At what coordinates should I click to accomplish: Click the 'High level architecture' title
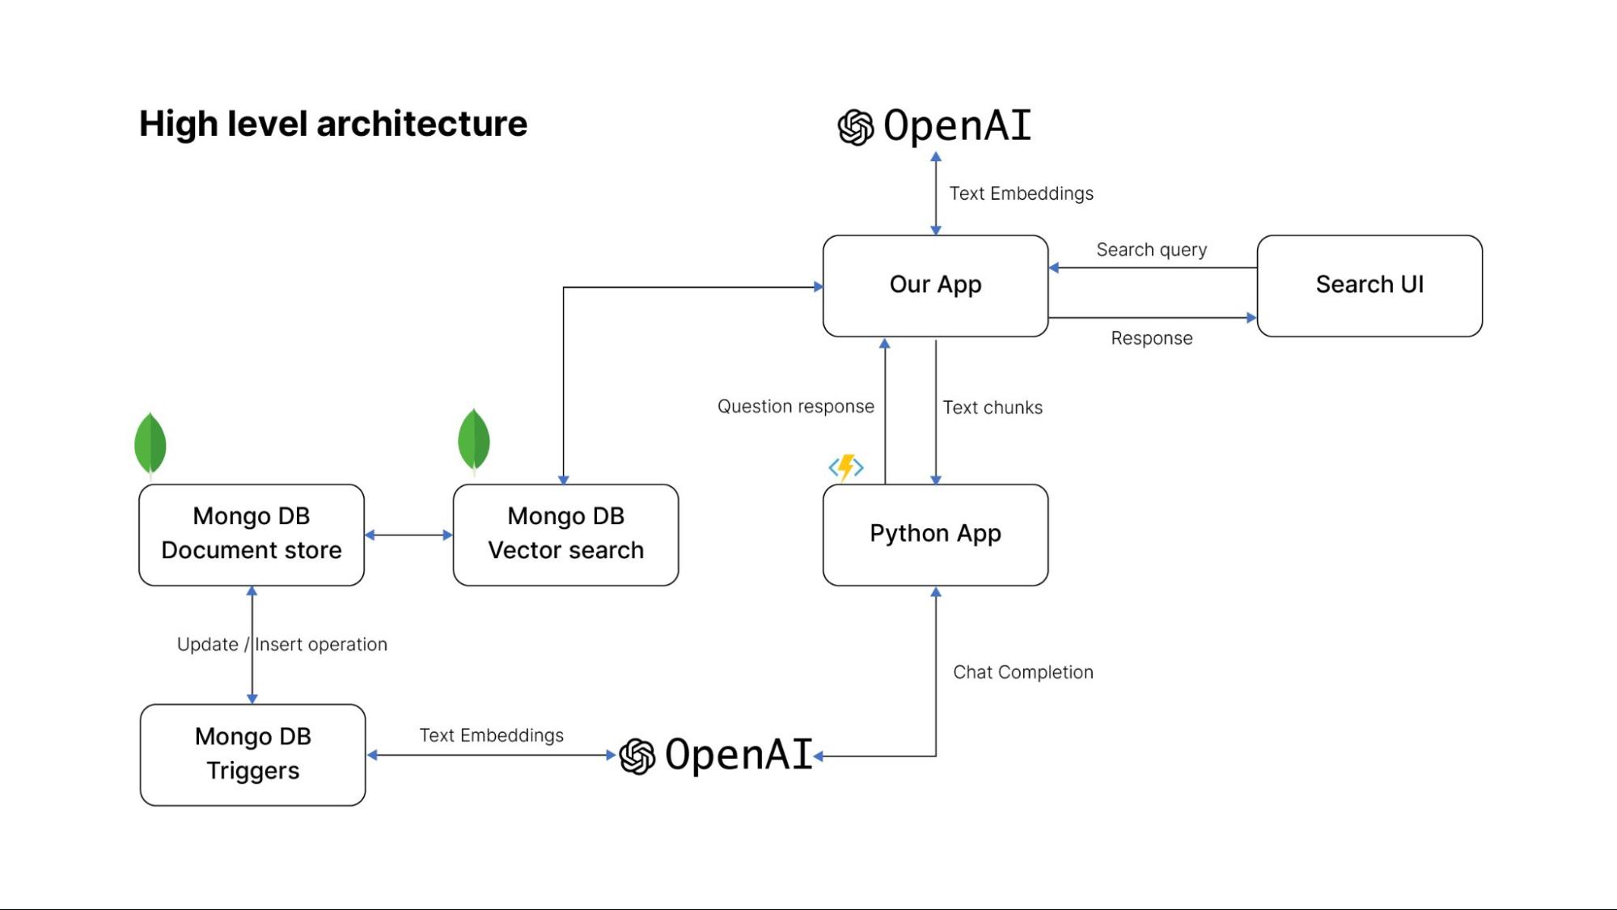click(332, 124)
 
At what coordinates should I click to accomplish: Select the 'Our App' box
click(935, 286)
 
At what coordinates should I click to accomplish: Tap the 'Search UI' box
click(1369, 286)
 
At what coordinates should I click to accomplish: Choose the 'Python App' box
click(935, 535)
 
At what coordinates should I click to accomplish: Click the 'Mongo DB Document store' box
click(251, 535)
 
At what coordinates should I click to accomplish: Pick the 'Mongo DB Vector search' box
click(565, 535)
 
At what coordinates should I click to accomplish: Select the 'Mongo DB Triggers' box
click(252, 755)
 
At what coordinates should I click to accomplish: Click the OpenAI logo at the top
click(934, 126)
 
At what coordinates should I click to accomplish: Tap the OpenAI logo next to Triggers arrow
click(716, 756)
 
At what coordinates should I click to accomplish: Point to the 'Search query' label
click(1151, 250)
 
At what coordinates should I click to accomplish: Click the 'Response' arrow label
click(1151, 338)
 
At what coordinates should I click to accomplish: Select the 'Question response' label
click(795, 406)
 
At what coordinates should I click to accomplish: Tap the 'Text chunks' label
click(993, 408)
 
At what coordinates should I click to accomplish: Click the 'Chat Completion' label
click(1022, 672)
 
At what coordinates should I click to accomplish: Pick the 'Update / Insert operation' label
click(281, 645)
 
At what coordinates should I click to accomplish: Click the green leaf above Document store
click(150, 443)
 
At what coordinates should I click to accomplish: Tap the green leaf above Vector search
click(474, 440)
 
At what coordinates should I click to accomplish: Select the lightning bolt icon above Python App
click(846, 467)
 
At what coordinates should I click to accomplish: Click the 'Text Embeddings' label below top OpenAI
click(1021, 193)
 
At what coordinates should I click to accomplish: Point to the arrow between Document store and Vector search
click(408, 535)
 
